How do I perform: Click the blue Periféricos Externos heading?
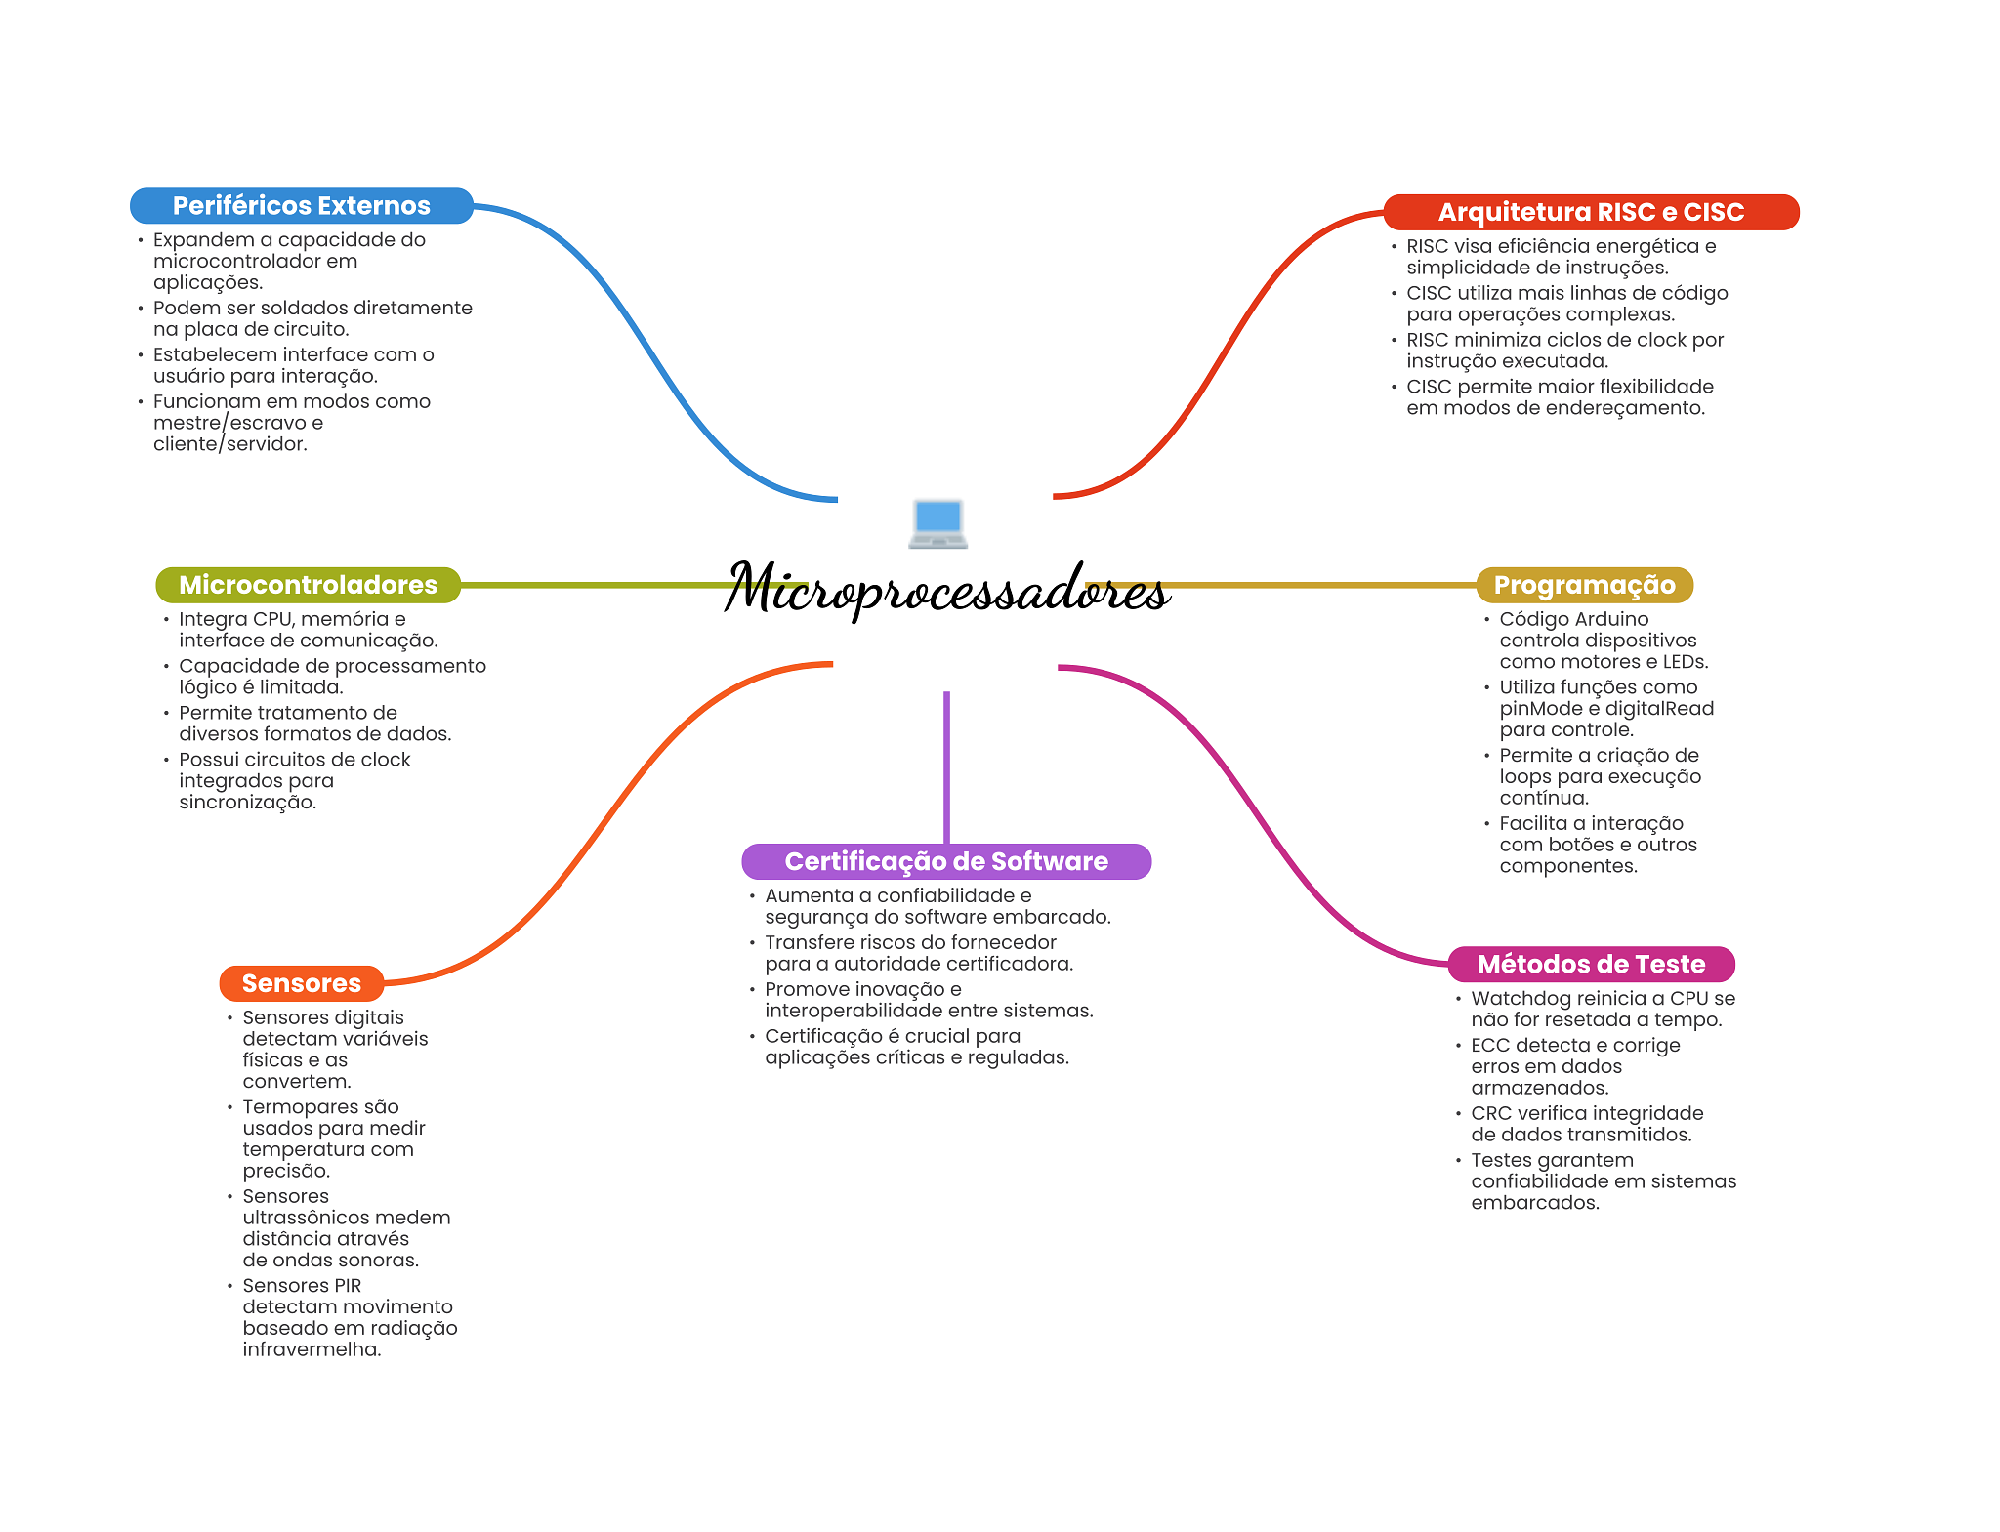click(302, 206)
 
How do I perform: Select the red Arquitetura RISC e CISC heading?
click(1591, 212)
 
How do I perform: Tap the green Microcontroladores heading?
click(308, 585)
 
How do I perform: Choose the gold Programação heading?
click(1584, 585)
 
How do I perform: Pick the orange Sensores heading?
click(302, 983)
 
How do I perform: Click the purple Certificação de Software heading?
click(946, 861)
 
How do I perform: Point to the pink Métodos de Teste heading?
click(1591, 964)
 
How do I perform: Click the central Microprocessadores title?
click(946, 589)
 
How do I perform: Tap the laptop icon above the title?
click(937, 523)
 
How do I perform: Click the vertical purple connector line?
click(946, 767)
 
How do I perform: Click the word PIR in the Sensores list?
click(348, 1286)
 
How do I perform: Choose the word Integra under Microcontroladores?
click(212, 620)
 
